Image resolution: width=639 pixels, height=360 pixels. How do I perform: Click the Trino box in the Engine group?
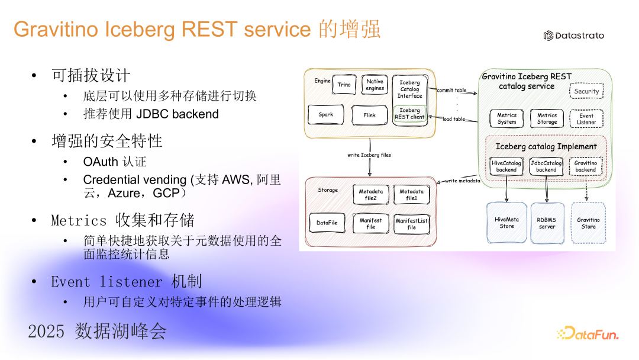344,85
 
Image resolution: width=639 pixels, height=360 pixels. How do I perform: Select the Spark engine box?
325,114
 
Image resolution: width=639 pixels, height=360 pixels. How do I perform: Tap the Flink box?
370,115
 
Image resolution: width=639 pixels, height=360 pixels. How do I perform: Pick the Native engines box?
375,85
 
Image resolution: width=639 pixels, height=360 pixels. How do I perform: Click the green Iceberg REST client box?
409,114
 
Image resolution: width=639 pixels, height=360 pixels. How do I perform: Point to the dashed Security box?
586,91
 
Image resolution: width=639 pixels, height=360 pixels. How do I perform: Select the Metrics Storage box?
547,118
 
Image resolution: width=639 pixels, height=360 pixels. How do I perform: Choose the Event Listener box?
586,118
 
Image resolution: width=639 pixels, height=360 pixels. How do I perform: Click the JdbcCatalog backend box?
546,166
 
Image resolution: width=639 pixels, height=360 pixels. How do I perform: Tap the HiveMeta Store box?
506,223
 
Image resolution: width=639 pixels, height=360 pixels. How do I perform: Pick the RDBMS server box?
547,223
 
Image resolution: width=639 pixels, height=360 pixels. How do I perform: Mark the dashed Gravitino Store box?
589,223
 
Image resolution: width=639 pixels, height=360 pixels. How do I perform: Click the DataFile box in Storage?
327,223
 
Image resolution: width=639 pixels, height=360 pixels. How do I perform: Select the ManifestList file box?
412,224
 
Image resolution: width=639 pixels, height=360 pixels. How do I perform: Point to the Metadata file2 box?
370,194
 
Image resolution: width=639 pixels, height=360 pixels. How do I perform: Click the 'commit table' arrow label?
451,90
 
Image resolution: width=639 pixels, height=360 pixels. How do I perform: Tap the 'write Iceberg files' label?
369,155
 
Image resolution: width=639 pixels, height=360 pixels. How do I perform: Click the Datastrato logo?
574,36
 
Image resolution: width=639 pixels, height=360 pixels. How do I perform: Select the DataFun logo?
588,333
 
